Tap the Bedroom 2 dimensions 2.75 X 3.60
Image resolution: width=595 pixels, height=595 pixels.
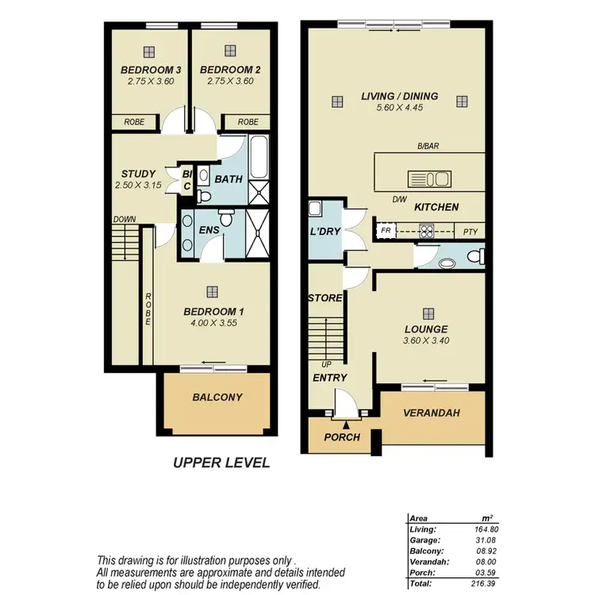coord(228,81)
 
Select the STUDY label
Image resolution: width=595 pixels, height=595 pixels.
coord(138,174)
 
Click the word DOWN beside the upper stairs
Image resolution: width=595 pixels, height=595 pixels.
coord(124,220)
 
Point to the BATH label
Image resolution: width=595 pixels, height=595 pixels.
coord(228,179)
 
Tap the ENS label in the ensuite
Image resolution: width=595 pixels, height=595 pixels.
coord(209,230)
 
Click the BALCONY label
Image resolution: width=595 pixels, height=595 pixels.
coord(217,397)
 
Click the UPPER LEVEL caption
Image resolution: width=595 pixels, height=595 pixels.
coord(221,463)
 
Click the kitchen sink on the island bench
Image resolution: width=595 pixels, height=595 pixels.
coord(429,177)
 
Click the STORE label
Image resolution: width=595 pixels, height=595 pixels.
coord(325,298)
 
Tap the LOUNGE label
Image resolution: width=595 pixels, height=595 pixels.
coord(427,328)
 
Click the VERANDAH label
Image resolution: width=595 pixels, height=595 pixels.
coord(432,413)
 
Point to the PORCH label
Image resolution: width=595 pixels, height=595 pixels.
coord(343,437)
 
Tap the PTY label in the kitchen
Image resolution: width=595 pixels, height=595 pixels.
coord(469,231)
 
